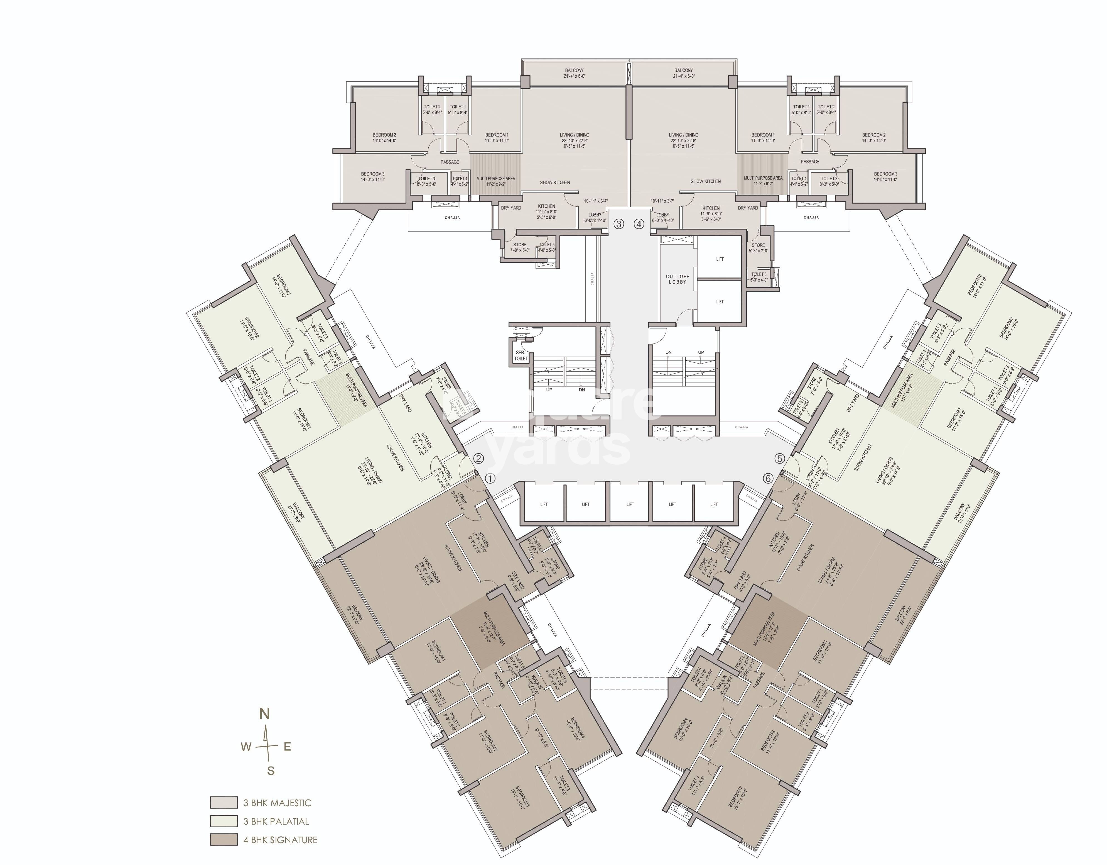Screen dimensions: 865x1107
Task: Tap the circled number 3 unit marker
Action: (x=618, y=224)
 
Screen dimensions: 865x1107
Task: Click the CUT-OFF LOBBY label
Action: (x=677, y=279)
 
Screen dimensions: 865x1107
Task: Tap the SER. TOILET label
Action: (x=521, y=355)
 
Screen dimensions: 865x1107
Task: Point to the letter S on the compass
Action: (x=271, y=771)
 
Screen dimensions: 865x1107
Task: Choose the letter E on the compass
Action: (x=287, y=747)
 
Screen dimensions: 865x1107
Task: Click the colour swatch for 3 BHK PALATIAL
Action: (x=224, y=821)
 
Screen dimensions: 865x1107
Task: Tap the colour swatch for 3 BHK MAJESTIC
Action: (x=224, y=803)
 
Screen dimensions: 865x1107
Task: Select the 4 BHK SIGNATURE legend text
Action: (x=280, y=840)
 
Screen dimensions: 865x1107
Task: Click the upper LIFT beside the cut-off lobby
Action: (x=720, y=259)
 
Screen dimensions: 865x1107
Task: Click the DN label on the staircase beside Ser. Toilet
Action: (x=582, y=390)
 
